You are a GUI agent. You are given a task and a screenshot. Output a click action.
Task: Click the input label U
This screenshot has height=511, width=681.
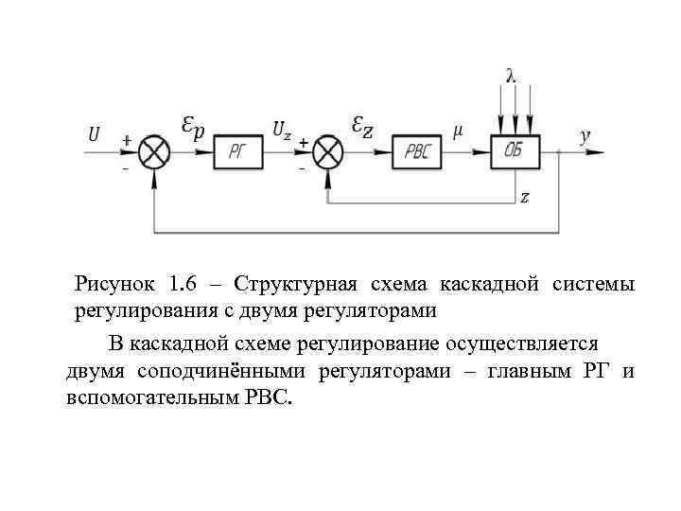[x=95, y=135]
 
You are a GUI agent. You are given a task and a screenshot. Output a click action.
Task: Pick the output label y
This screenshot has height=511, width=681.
[x=585, y=135]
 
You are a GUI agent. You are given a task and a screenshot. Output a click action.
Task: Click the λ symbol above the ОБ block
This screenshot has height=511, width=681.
[x=512, y=76]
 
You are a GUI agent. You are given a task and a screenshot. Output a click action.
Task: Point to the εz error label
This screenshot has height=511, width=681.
[x=361, y=126]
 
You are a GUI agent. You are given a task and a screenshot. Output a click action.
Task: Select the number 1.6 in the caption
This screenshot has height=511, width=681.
[x=183, y=285]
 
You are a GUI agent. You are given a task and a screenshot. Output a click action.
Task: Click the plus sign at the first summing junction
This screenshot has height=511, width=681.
[x=126, y=140]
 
